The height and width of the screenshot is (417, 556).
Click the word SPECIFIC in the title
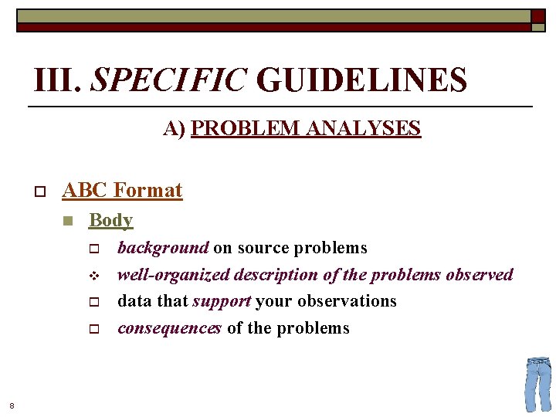pyautogui.click(x=169, y=80)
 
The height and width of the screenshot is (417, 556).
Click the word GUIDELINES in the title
pyautogui.click(x=361, y=80)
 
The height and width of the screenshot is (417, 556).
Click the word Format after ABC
pyautogui.click(x=147, y=190)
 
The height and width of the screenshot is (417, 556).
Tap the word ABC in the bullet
pyautogui.click(x=85, y=190)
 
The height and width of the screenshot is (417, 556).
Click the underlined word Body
pyautogui.click(x=111, y=220)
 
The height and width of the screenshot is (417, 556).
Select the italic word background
pyautogui.click(x=163, y=248)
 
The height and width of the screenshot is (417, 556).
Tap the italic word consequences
pyautogui.click(x=169, y=328)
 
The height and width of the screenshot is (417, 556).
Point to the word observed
pyautogui.click(x=480, y=275)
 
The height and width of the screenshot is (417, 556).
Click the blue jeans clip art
pyautogui.click(x=537, y=384)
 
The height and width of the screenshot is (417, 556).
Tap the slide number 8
pyautogui.click(x=12, y=405)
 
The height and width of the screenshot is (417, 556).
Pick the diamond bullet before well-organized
pyautogui.click(x=92, y=276)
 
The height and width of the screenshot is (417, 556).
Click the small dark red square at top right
pyautogui.click(x=537, y=16)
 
